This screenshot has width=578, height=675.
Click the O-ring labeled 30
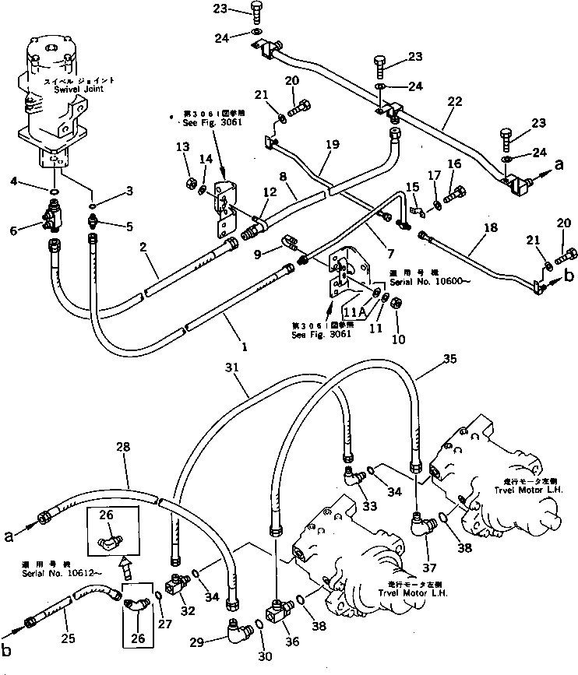click(260, 625)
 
